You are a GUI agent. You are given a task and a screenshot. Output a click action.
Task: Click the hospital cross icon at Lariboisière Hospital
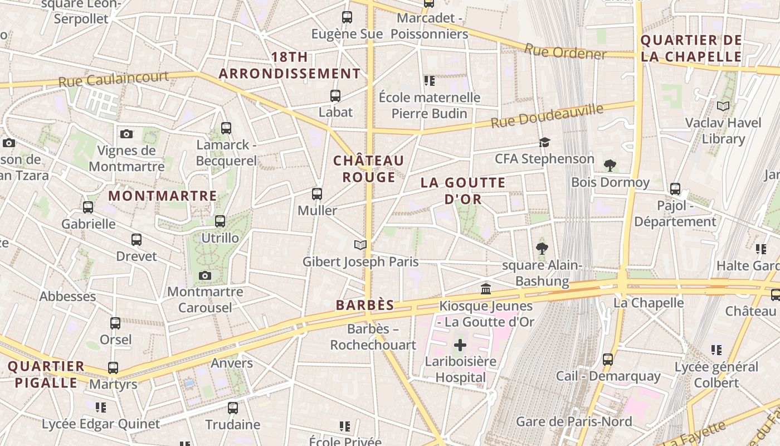460,345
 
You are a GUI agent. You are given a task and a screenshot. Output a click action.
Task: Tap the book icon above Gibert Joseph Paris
360,245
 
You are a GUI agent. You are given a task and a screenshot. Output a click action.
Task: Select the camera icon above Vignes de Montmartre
126,134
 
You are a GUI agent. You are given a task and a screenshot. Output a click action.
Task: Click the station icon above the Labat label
335,96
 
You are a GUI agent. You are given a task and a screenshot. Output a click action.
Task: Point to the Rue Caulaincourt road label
113,79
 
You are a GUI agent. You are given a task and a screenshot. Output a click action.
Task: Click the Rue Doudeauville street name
547,115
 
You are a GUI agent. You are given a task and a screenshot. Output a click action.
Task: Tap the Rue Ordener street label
565,52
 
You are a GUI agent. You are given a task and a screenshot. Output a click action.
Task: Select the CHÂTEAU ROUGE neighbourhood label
368,169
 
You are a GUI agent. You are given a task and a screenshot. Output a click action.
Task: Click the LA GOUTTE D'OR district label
463,191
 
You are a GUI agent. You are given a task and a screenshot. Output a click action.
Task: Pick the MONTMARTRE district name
163,196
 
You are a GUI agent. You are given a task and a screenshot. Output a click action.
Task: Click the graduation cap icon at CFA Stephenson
544,143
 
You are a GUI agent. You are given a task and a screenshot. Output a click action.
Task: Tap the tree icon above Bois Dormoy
610,166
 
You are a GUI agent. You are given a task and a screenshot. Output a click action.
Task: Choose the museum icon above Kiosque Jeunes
486,289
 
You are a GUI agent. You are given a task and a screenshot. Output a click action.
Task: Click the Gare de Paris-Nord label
574,421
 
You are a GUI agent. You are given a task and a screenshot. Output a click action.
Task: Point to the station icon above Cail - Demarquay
608,360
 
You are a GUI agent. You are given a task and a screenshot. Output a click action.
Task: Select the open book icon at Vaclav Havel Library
723,106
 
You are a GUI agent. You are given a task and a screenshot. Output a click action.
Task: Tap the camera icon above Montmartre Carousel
205,275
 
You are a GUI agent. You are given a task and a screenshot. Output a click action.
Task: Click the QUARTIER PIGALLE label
46,375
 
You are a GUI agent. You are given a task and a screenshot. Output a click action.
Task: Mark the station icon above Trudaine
233,408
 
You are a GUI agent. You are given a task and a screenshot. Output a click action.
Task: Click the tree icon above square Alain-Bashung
542,249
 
